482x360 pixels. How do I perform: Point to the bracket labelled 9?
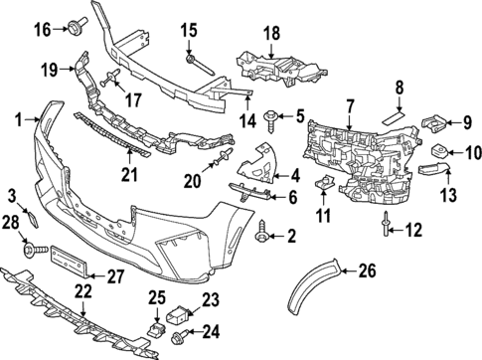[x=433, y=124]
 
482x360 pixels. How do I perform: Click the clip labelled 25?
[x=156, y=323]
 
